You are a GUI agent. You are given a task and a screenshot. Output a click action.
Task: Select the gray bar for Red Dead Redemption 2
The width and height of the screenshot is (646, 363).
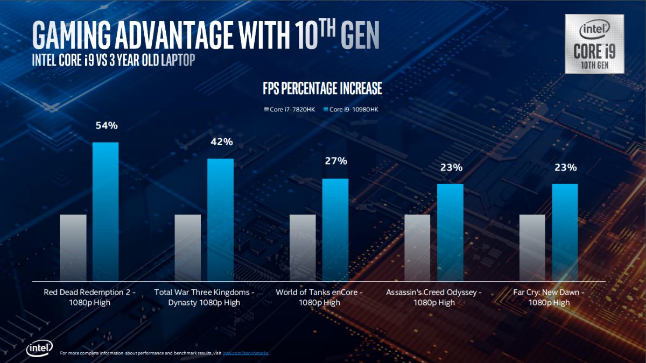point(73,247)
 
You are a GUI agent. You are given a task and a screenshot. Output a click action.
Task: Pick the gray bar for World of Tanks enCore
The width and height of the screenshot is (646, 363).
point(303,247)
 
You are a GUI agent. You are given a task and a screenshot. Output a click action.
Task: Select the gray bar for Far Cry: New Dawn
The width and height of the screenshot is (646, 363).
point(532,247)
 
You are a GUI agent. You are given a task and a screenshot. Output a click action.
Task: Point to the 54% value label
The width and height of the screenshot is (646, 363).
point(106,126)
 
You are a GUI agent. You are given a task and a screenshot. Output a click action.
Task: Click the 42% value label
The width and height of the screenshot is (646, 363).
point(221,142)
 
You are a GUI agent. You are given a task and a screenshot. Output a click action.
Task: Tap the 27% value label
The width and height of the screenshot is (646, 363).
point(336,161)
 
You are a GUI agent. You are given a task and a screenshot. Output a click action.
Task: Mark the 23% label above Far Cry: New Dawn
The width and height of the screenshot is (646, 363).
point(566,167)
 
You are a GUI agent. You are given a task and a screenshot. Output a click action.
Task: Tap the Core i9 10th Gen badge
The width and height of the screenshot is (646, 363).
point(594,44)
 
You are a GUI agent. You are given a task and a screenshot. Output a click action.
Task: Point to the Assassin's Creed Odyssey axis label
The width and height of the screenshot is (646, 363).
point(434,297)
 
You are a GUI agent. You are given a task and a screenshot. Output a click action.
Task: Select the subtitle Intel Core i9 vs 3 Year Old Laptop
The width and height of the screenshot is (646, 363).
point(113,60)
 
